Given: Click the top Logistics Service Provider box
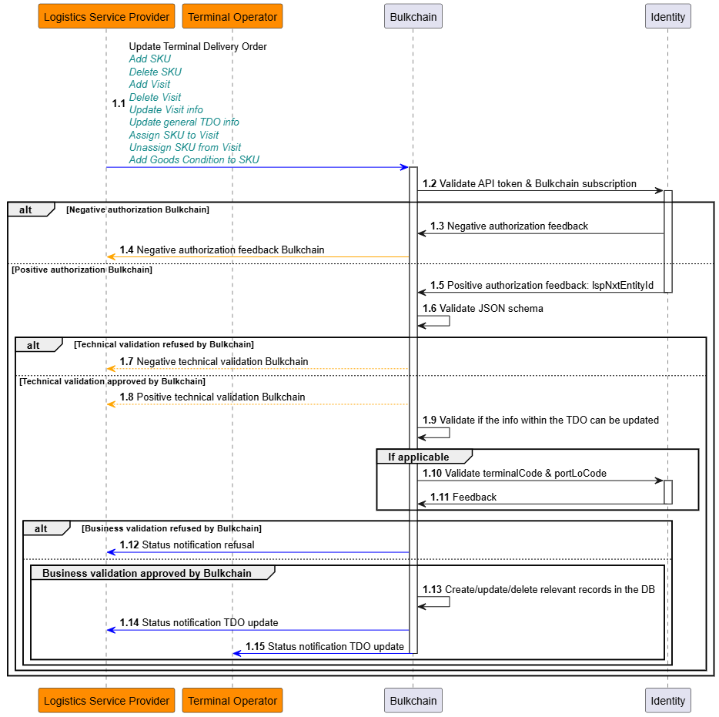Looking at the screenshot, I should [x=106, y=16].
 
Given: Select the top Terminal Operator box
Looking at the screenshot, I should [x=232, y=16].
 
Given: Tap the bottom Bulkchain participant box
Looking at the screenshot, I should [x=413, y=701].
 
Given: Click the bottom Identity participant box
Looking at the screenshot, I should [x=667, y=701].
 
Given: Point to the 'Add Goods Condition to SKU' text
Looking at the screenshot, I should [x=194, y=160].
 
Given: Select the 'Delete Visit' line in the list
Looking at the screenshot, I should [x=155, y=97].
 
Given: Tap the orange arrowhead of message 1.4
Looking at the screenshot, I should [x=112, y=256].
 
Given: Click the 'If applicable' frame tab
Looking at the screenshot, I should [x=418, y=457].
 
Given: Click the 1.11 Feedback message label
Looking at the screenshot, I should [x=463, y=498].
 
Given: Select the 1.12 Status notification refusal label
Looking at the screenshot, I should [x=186, y=545].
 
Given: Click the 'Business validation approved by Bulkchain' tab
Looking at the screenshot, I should [x=146, y=573].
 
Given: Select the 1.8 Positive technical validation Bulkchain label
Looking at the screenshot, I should [x=212, y=397].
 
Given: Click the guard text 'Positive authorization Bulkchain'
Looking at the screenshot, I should [x=82, y=270].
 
